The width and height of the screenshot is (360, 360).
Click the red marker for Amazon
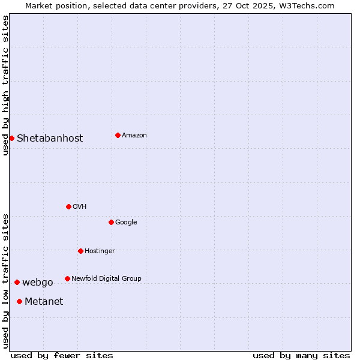pos(118,135)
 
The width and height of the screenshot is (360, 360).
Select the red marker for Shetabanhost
pos(11,138)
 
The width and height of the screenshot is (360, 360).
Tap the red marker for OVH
pos(68,206)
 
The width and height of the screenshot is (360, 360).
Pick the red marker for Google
pos(111,222)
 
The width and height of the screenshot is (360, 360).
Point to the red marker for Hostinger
pos(80,251)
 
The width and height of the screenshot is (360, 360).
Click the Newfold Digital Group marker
pos(67,278)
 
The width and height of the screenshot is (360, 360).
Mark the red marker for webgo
pos(17,282)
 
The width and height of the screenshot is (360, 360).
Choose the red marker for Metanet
pos(19,301)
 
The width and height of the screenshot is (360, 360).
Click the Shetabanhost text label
pos(50,138)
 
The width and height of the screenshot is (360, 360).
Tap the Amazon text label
pos(134,135)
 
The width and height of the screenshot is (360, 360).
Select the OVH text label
pos(80,206)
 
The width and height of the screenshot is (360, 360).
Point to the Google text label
pos(126,222)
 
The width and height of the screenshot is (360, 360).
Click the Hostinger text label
pos(100,251)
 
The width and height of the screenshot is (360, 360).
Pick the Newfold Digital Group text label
pos(106,278)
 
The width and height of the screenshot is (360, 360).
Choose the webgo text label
pos(38,282)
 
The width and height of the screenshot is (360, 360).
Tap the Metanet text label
pos(44,301)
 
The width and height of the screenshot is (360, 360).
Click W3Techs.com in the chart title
pos(310,5)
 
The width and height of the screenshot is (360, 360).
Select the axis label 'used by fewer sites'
pos(62,355)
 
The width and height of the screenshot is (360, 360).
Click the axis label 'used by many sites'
pos(301,355)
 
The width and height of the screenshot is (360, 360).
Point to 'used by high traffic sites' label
pos(5,85)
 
